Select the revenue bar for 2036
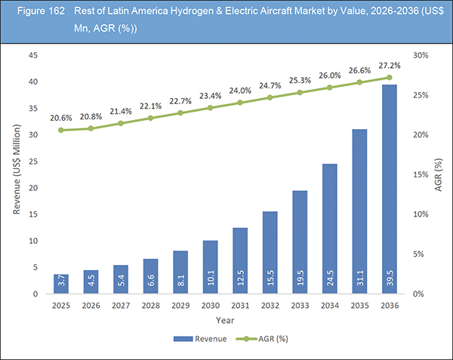(390, 189)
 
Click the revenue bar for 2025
(61, 284)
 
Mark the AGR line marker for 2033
(300, 92)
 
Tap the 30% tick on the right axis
(420, 55)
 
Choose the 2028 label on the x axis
(151, 306)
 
